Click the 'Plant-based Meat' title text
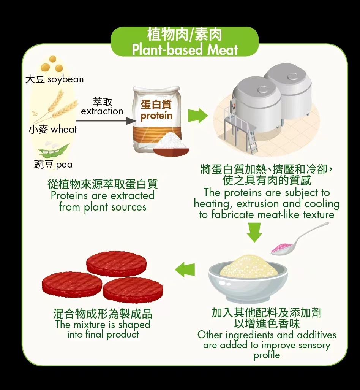pos(185,49)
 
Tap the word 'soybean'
pos(66,79)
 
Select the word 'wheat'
pos(64,129)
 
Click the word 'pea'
pos(64,165)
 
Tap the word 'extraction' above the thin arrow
pos(102,111)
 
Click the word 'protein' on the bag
pos(156,116)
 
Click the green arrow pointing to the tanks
pos(198,116)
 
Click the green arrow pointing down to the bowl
pos(254,232)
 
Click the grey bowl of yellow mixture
pos(248,277)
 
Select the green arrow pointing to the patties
pos(185,270)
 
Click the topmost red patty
pos(116,264)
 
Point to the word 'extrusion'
pos(257,204)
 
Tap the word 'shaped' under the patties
pos(134,325)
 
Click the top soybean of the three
pos(53,59)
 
